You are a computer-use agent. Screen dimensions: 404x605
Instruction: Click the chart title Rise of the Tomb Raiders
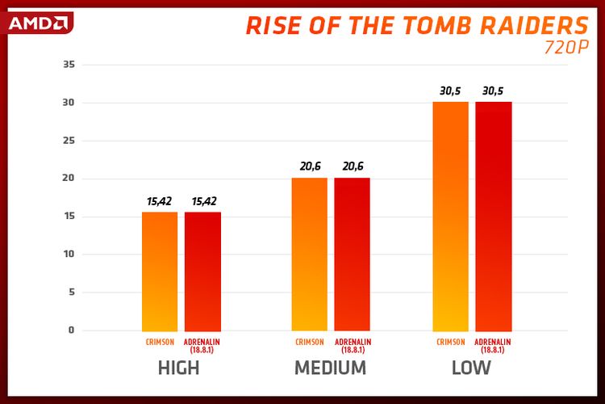click(x=417, y=26)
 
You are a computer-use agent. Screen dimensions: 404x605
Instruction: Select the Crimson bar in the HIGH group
click(x=160, y=271)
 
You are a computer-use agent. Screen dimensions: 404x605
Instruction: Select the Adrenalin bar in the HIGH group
click(x=202, y=271)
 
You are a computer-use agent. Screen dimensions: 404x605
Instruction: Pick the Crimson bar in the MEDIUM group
click(x=309, y=254)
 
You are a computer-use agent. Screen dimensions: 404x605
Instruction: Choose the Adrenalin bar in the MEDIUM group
click(x=352, y=254)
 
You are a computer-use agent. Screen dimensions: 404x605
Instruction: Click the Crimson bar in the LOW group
click(x=450, y=217)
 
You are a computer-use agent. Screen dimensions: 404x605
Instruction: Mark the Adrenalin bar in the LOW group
click(x=493, y=217)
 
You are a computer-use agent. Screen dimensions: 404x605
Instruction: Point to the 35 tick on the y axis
click(x=68, y=65)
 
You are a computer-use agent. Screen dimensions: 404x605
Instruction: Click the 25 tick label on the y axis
click(x=68, y=141)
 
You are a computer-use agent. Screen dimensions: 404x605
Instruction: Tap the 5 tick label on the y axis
click(x=71, y=292)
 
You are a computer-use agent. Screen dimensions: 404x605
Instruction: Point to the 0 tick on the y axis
click(x=71, y=330)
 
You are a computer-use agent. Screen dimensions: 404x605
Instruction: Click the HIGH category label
click(x=178, y=368)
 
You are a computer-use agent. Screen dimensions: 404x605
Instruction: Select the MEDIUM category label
click(x=330, y=368)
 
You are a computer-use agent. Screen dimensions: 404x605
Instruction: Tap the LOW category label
click(x=471, y=368)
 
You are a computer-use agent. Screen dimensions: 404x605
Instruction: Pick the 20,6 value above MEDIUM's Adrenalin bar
click(x=352, y=166)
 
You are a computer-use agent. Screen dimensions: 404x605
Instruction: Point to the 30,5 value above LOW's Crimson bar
click(x=450, y=90)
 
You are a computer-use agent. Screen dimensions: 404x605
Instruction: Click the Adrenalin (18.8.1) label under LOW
click(x=493, y=346)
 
